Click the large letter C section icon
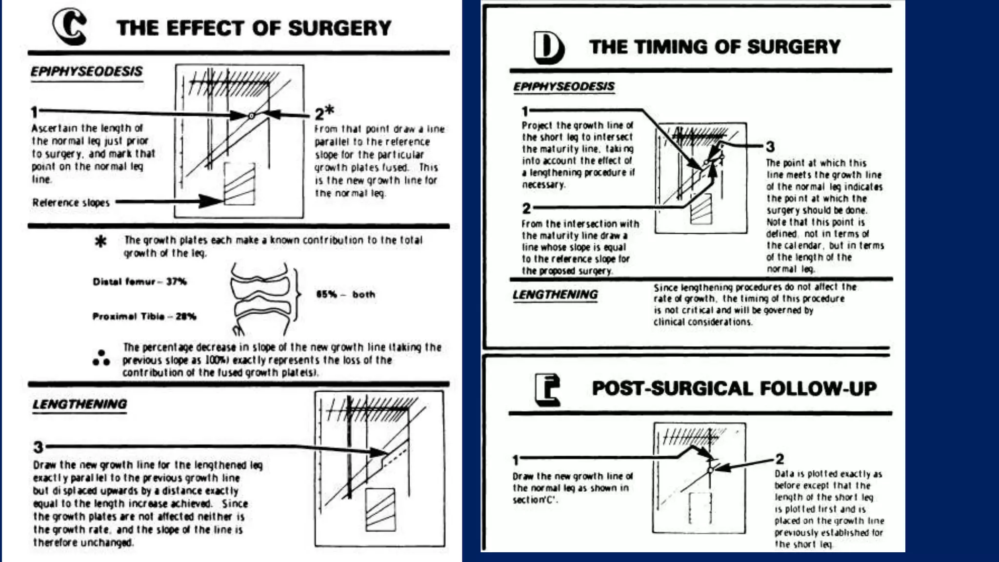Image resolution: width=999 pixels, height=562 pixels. coord(70,27)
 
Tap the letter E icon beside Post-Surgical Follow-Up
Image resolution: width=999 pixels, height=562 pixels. coord(547,389)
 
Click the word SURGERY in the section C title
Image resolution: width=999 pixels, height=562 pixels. coord(340,28)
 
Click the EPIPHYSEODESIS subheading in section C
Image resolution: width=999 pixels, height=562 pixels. coord(86,72)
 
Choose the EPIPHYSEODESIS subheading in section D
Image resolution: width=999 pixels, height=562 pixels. coord(563,87)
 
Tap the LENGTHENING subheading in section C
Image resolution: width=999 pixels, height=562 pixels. coord(80,404)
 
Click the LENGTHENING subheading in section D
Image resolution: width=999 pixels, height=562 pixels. coord(555,295)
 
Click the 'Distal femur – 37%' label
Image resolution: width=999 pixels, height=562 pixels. coord(140,281)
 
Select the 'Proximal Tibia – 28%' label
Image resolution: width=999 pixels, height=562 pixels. coord(144,316)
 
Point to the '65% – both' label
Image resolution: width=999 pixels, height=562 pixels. coord(345,294)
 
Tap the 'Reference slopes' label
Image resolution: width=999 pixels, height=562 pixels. coord(71,202)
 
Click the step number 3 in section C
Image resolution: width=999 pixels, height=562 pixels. coord(38,447)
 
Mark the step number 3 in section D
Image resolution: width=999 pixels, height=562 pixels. coord(770,146)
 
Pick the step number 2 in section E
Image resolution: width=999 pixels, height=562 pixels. coord(779,459)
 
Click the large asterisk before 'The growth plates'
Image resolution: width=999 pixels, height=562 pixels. coord(100,241)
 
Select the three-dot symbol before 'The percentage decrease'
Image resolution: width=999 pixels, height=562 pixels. coord(101,358)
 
